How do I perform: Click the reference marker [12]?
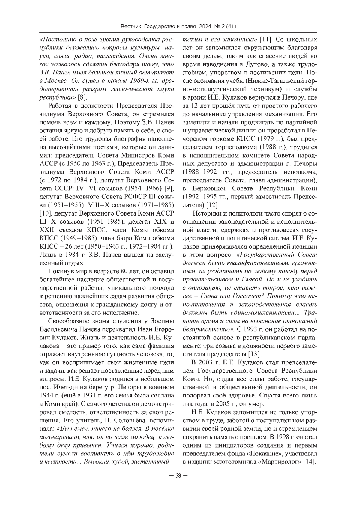point(213,205)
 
